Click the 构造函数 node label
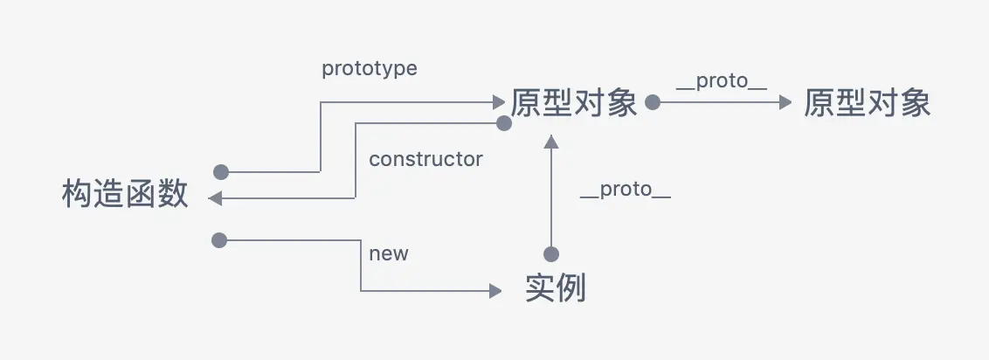(125, 194)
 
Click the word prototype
(370, 69)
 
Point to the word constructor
(425, 159)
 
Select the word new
(389, 253)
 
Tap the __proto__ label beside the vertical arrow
(626, 189)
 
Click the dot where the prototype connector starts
(221, 171)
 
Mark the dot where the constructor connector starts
(503, 124)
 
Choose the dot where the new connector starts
(219, 239)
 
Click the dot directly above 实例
(550, 254)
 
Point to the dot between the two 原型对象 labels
(652, 103)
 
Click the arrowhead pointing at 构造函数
(216, 199)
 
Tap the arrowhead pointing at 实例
(497, 292)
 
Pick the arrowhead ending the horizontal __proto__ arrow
(785, 103)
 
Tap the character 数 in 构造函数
(173, 194)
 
